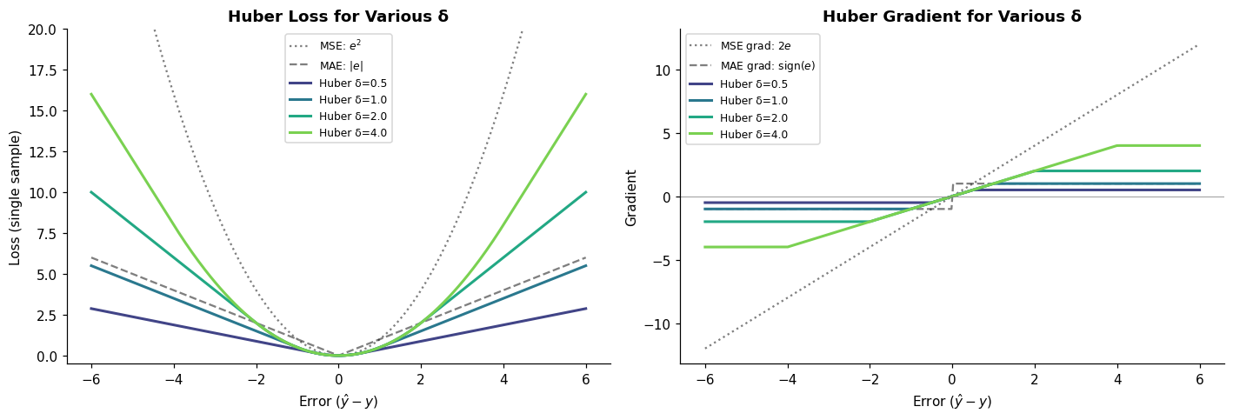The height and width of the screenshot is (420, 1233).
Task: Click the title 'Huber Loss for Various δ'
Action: click(x=338, y=17)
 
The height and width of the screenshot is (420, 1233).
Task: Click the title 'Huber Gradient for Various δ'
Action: click(x=952, y=17)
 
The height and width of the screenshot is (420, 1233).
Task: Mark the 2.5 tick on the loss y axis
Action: click(x=46, y=316)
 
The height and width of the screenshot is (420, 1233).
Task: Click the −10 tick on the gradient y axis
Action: click(x=656, y=324)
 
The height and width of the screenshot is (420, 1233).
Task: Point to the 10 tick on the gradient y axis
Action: click(x=663, y=70)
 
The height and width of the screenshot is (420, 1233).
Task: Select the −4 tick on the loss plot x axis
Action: click(x=174, y=379)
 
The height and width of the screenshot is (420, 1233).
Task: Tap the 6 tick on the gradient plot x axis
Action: click(x=1199, y=379)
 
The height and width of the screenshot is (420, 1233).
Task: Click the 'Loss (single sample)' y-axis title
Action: click(x=14, y=198)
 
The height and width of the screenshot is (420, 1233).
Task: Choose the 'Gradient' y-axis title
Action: click(x=630, y=198)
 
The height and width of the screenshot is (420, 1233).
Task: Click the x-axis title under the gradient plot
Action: click(x=952, y=401)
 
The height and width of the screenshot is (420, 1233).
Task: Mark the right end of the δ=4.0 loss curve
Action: click(x=586, y=94)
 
